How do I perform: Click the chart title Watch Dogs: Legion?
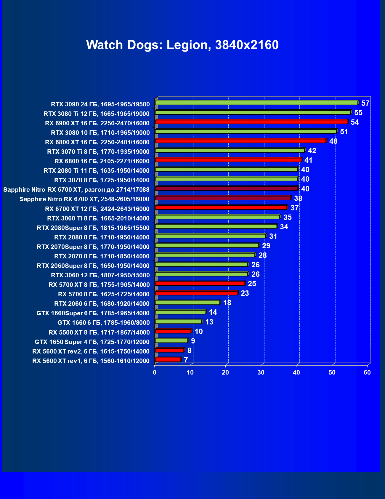click(x=182, y=45)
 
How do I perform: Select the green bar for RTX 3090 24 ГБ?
click(x=256, y=103)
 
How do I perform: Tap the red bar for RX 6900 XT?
click(x=251, y=122)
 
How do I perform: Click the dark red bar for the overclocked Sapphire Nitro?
click(x=226, y=188)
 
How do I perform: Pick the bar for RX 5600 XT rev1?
click(x=168, y=360)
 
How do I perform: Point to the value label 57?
click(x=365, y=103)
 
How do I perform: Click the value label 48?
click(x=333, y=141)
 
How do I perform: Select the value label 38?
click(x=298, y=199)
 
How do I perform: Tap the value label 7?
click(x=186, y=360)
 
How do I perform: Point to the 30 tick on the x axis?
click(x=261, y=372)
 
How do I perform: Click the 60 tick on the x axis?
click(x=367, y=372)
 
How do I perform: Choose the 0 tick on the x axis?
click(x=155, y=372)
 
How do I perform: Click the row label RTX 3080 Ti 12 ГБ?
click(x=97, y=114)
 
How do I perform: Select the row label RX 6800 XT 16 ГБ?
click(x=97, y=142)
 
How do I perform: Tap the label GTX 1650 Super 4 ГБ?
click(x=92, y=342)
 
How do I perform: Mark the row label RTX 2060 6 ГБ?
click(x=102, y=304)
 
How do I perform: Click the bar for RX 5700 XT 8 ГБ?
click(x=200, y=284)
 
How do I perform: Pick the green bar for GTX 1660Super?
click(x=180, y=312)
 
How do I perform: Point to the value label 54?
click(x=354, y=122)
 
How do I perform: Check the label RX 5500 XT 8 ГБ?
click(x=99, y=332)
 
